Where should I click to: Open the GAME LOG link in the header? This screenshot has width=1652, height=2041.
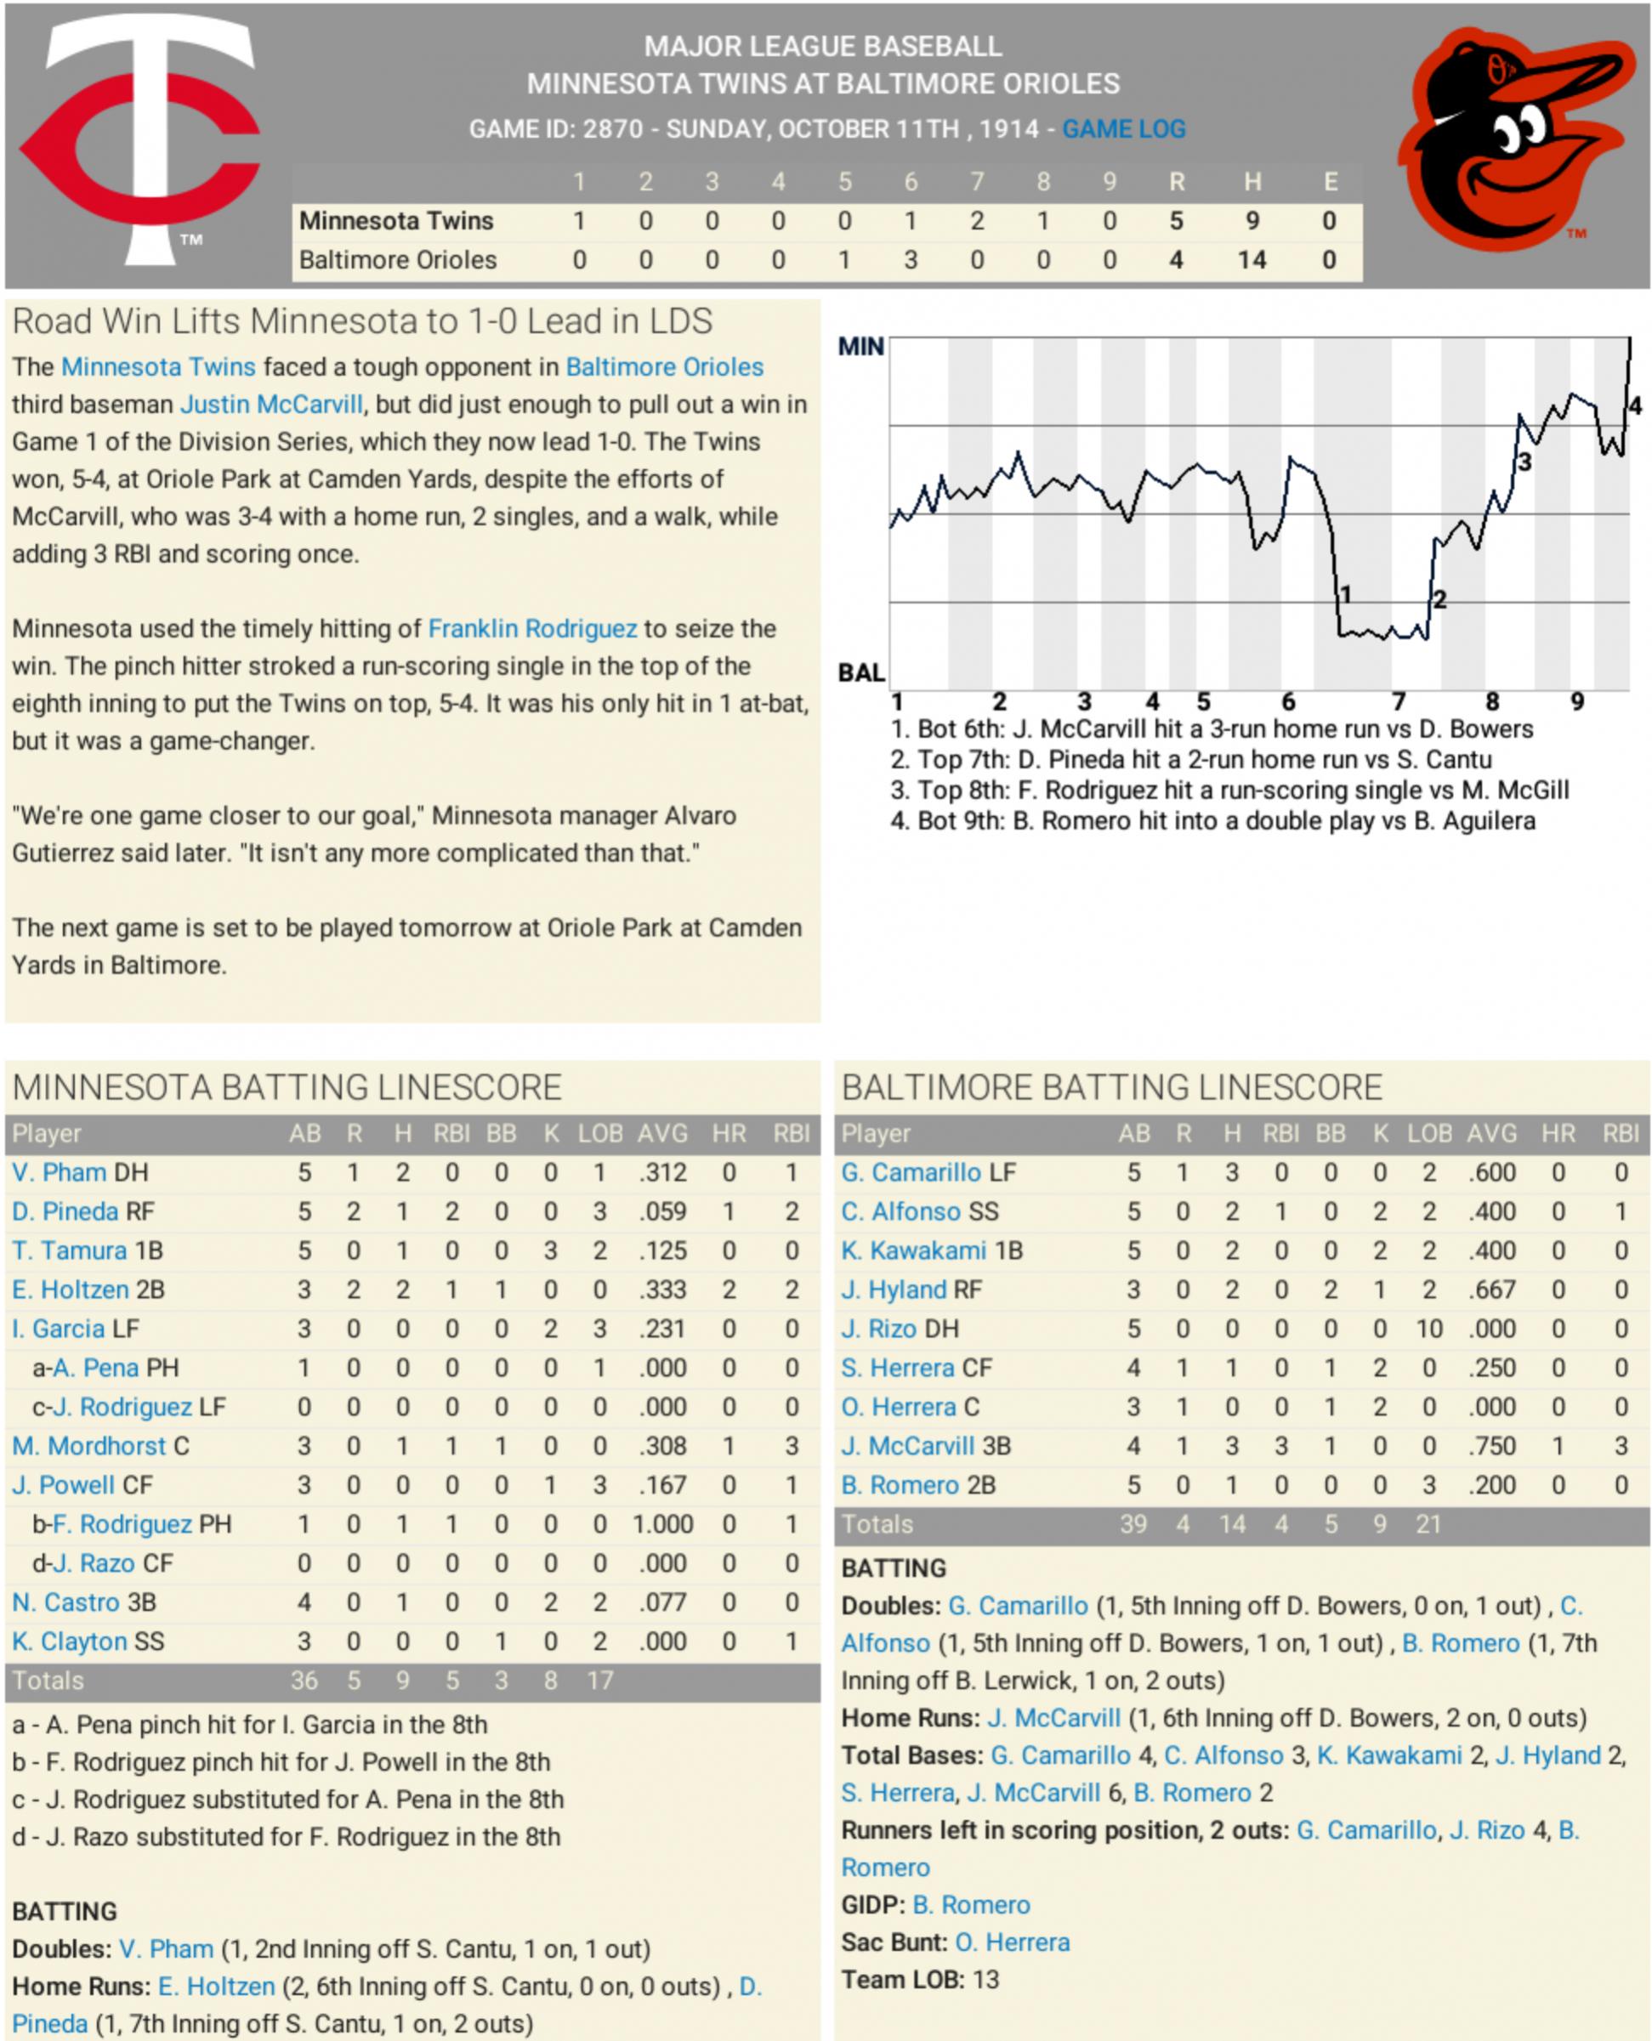[x=1123, y=129]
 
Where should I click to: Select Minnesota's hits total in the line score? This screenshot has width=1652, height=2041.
[x=1252, y=222]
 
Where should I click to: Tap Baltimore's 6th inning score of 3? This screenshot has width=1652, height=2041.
[x=910, y=261]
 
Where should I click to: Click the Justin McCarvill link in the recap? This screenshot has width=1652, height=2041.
[x=272, y=405]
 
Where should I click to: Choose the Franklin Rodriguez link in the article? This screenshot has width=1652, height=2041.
[x=532, y=629]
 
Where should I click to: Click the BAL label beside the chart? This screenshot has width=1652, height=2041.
[x=860, y=672]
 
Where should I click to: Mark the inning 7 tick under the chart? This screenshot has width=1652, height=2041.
[x=1398, y=702]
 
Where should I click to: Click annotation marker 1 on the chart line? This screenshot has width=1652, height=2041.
[x=1344, y=596]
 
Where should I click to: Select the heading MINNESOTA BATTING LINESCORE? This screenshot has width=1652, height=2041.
[x=287, y=1087]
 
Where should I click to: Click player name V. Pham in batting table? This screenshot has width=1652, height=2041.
[x=59, y=1172]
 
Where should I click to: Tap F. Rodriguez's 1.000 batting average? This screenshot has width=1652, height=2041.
[x=662, y=1524]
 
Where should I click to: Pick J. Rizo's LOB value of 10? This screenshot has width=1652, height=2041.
[x=1428, y=1329]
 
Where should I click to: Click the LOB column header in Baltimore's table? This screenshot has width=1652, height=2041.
[x=1428, y=1133]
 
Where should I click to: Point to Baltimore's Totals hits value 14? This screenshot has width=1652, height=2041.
[x=1231, y=1524]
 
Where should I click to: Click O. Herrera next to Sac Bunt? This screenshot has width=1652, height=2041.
[x=1012, y=1942]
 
